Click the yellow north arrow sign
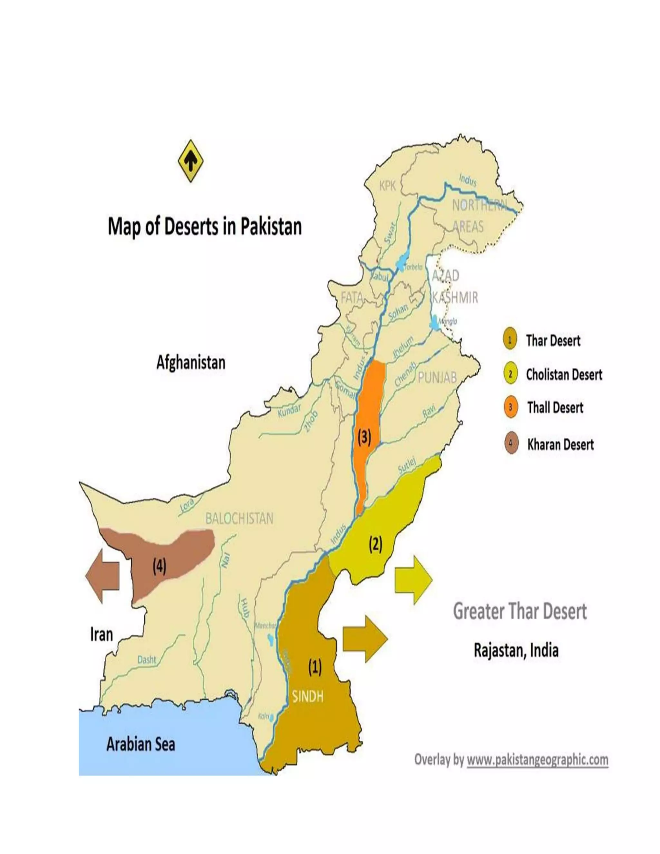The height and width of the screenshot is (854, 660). (x=190, y=161)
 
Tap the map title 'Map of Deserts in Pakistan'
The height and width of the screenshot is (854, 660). (x=205, y=227)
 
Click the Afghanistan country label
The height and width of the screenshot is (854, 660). (x=191, y=363)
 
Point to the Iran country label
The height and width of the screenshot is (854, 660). (x=101, y=634)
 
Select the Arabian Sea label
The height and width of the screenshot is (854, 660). (x=141, y=744)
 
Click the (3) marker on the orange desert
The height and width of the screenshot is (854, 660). (x=364, y=437)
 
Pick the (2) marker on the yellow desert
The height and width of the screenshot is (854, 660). (x=375, y=544)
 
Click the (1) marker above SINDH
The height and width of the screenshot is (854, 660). (x=315, y=667)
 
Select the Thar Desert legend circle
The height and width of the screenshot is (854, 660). (x=510, y=340)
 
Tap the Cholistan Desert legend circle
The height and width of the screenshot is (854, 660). (x=510, y=374)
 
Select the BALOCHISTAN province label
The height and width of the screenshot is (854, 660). (x=239, y=519)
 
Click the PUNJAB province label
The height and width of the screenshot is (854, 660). (x=437, y=377)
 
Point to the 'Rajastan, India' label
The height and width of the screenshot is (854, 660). (x=516, y=650)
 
